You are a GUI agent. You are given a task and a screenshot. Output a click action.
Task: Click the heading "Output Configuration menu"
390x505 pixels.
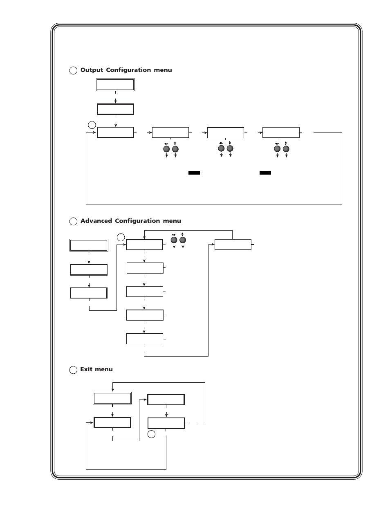click(x=126, y=70)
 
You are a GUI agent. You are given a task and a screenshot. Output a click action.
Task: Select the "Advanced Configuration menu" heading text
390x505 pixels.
click(x=130, y=221)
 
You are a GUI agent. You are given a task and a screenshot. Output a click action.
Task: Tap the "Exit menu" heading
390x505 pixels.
click(x=96, y=369)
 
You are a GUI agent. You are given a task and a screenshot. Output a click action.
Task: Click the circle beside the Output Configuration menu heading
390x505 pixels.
click(x=73, y=71)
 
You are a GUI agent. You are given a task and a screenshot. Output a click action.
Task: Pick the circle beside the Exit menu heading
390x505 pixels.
click(x=73, y=370)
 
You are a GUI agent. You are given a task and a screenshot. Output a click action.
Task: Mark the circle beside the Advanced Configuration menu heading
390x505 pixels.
click(x=73, y=222)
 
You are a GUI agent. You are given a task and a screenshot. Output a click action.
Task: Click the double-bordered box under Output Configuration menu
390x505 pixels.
click(x=115, y=85)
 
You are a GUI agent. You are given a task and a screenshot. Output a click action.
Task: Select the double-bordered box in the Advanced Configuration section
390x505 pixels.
click(x=89, y=245)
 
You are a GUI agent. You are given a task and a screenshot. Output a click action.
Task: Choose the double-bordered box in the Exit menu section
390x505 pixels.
click(x=112, y=398)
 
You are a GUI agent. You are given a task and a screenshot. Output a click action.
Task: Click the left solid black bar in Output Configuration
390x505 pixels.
click(x=194, y=173)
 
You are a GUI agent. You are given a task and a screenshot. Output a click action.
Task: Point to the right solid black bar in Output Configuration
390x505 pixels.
click(x=265, y=173)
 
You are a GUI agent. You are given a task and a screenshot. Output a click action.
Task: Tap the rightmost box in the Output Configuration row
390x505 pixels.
click(x=281, y=132)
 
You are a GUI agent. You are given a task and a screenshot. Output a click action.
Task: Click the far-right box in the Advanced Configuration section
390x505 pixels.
click(x=233, y=245)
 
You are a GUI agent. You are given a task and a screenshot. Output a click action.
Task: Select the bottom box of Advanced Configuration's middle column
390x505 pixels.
click(x=145, y=339)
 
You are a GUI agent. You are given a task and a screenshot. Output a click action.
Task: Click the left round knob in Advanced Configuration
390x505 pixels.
click(x=174, y=240)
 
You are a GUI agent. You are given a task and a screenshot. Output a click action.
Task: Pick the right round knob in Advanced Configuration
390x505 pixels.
click(x=183, y=240)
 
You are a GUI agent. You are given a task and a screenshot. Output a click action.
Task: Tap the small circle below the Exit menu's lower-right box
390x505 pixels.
click(x=151, y=434)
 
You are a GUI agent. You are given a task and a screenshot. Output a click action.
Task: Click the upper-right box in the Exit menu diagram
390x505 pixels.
click(x=166, y=400)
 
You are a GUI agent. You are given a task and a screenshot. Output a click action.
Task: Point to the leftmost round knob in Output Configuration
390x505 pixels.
click(x=166, y=149)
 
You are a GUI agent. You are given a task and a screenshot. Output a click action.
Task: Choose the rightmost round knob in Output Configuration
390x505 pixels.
click(x=286, y=149)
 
